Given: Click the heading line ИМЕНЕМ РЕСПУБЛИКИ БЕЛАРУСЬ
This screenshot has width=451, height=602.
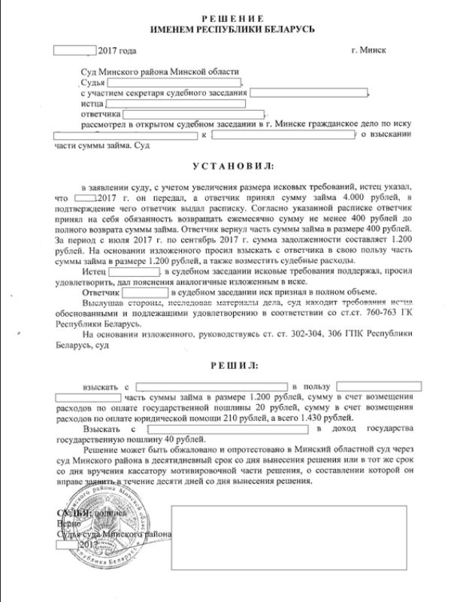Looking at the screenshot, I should click(x=226, y=28).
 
